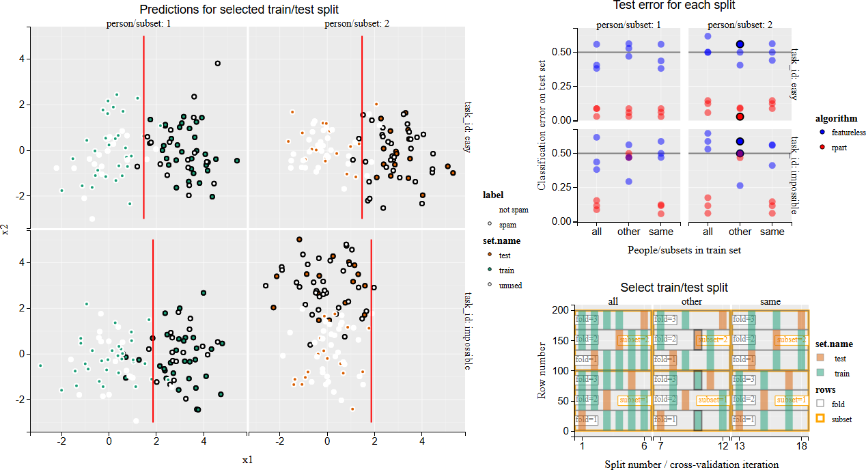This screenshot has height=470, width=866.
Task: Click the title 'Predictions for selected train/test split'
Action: click(x=238, y=10)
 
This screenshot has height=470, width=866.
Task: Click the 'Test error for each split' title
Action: click(x=673, y=5)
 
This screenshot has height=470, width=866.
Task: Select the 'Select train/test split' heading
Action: click(x=673, y=288)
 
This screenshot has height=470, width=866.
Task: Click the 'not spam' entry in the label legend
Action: click(x=513, y=210)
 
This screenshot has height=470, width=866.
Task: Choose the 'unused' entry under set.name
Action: click(x=509, y=285)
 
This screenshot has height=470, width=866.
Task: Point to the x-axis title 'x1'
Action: click(x=247, y=460)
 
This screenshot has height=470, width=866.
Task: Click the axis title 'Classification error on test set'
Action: click(x=542, y=124)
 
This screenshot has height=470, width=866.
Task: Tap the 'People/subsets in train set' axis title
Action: click(x=684, y=250)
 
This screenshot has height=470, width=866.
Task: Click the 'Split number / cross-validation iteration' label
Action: click(x=691, y=465)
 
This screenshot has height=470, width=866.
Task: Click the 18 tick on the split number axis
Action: click(x=802, y=446)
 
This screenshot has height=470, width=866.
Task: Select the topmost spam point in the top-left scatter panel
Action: click(x=218, y=64)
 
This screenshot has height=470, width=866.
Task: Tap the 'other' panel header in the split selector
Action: click(x=692, y=301)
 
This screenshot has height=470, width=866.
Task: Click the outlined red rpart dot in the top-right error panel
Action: click(x=740, y=117)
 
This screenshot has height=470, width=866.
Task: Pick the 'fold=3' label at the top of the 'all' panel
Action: click(x=587, y=319)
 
